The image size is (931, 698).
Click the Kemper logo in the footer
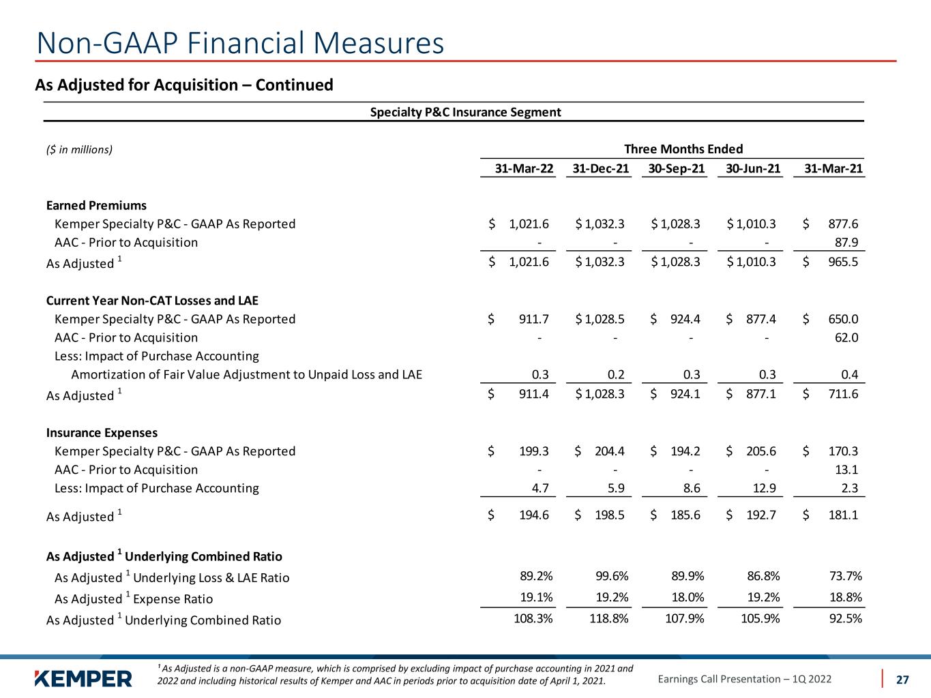tap(83, 678)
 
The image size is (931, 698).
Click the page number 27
tap(902, 679)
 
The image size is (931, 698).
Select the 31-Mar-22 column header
tap(524, 168)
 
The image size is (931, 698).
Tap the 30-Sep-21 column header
tap(676, 168)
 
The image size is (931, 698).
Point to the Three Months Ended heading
tap(683, 149)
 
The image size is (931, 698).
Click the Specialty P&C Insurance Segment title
tap(465, 112)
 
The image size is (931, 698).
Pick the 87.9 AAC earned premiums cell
tap(846, 242)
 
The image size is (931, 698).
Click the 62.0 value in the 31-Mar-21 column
tap(846, 337)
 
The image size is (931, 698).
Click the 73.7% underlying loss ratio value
tap(844, 576)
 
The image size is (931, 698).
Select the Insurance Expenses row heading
tap(102, 432)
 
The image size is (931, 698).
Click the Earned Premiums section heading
tap(96, 205)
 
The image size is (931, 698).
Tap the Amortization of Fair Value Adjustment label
tap(246, 374)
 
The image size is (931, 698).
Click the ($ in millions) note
tap(79, 149)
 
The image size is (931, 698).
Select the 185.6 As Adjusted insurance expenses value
tap(683, 515)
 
